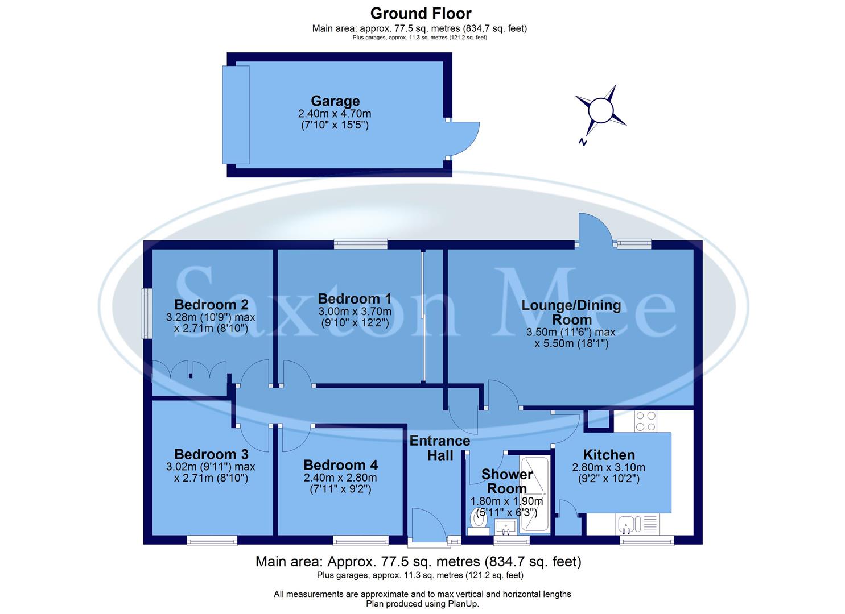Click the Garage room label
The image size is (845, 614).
point(335,101)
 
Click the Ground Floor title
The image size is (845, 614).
point(421,13)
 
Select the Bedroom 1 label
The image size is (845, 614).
point(354,298)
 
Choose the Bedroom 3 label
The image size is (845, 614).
point(211,454)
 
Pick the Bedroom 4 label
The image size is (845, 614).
point(340,465)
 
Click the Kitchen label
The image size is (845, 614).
point(608,455)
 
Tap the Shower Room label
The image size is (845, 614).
point(507,481)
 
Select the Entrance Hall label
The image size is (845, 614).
point(440,448)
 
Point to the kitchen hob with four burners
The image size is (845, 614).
point(646,421)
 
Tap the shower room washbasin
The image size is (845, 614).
point(505,527)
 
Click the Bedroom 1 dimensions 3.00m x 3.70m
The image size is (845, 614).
point(354,311)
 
